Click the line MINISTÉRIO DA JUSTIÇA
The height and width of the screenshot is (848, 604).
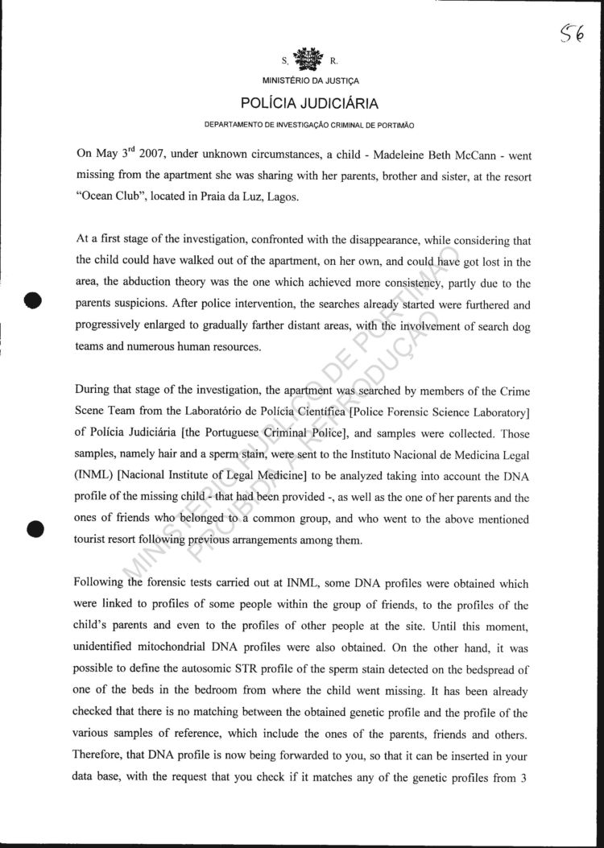tap(310, 81)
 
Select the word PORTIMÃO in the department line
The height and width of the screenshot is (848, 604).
tap(393, 126)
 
